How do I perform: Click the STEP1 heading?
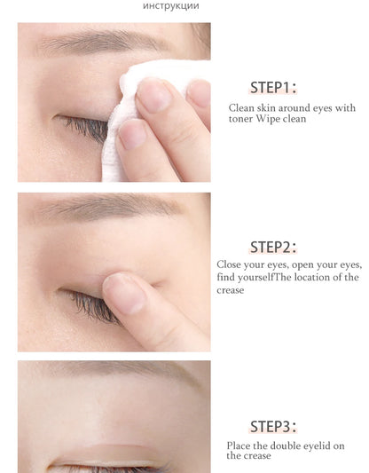coord(272,87)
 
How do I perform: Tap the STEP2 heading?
coord(272,247)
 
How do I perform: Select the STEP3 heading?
coord(272,426)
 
